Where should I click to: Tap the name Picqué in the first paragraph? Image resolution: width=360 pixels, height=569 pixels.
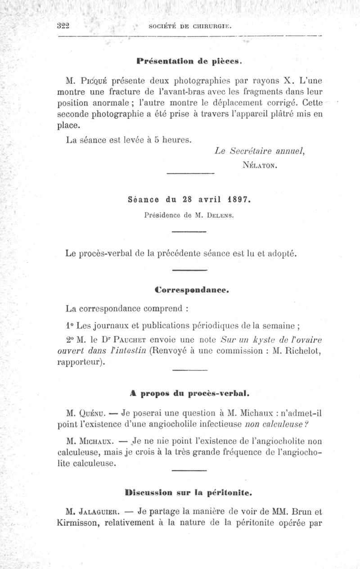(x=94, y=81)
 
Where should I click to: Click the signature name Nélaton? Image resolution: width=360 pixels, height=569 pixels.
(x=259, y=165)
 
